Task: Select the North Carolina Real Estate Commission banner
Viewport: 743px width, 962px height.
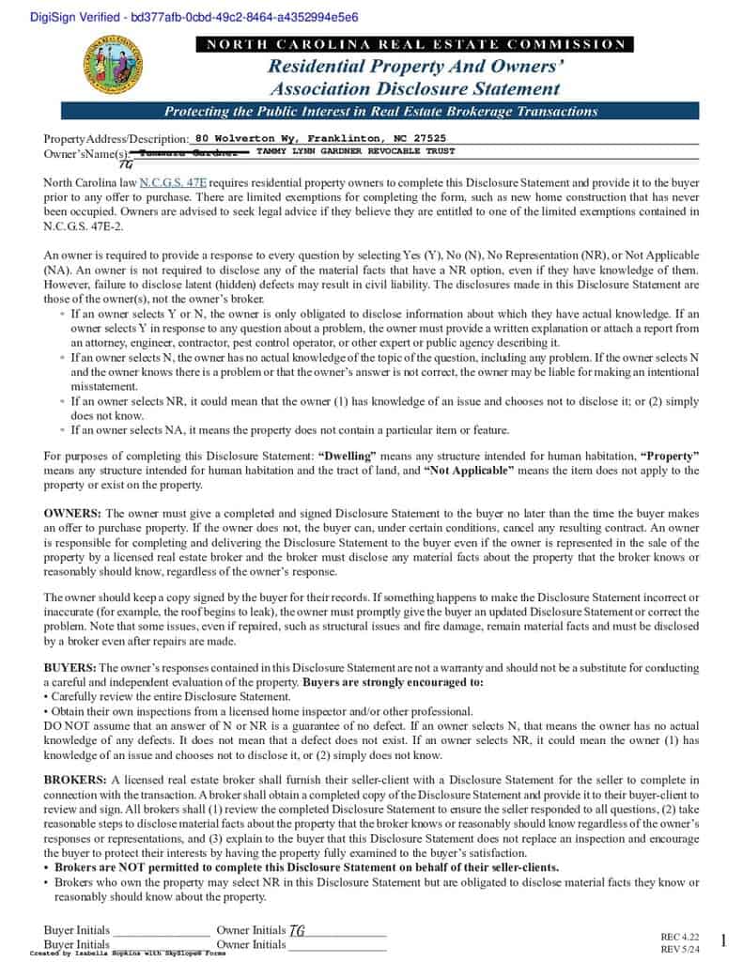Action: [x=414, y=44]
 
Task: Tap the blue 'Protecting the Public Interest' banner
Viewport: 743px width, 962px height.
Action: [x=380, y=111]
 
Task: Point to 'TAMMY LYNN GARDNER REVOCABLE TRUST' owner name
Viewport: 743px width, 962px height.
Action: [x=355, y=151]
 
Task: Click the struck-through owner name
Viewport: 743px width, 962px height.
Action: [x=192, y=152]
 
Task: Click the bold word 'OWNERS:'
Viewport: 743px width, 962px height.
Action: [x=72, y=514]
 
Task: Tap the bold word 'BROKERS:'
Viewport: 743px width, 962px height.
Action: [x=75, y=780]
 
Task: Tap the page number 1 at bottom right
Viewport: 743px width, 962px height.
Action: [x=723, y=940]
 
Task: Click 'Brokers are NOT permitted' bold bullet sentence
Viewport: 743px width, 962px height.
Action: [x=306, y=867]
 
